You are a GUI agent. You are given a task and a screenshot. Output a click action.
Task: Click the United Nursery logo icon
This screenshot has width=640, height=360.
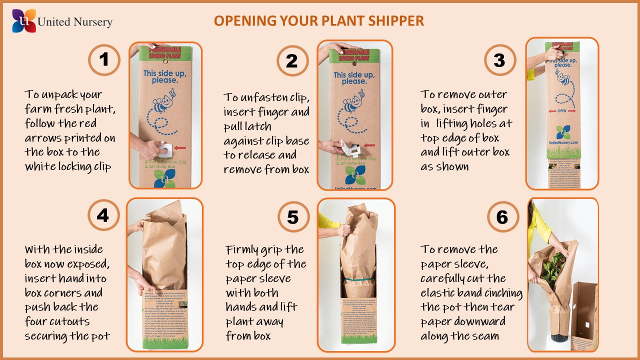tap(24, 20)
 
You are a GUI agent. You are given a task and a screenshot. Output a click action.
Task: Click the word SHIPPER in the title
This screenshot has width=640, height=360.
tap(397, 21)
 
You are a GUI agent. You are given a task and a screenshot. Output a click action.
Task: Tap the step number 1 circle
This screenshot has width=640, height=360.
tap(104, 60)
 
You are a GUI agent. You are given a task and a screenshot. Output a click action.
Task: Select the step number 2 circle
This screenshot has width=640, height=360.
tap(292, 61)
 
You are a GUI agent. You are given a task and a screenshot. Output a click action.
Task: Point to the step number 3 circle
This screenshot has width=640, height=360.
tap(499, 60)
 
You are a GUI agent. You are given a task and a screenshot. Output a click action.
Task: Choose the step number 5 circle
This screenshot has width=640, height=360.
tap(292, 217)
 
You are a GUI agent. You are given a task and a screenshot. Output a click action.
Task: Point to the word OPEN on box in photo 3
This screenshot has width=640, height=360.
tap(562, 111)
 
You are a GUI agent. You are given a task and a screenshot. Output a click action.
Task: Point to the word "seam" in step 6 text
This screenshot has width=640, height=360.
tap(485, 336)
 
